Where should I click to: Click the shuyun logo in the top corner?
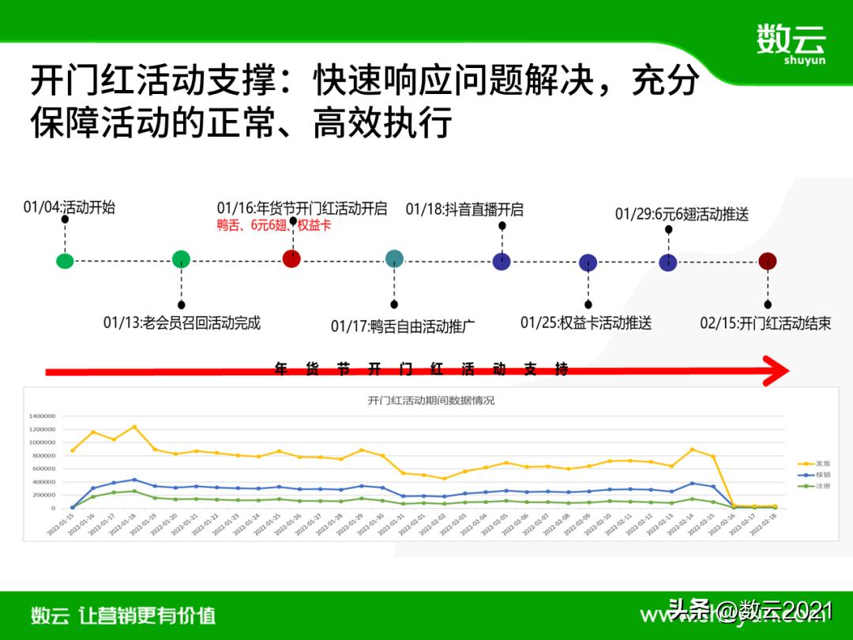point(790,43)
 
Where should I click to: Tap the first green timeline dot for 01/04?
point(66,261)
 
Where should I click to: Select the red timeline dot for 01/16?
point(291,258)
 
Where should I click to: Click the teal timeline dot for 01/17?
point(394,258)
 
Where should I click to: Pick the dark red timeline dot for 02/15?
point(767,262)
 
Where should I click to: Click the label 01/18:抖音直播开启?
point(464,209)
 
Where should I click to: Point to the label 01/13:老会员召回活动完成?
point(182,322)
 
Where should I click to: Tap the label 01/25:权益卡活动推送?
point(586,322)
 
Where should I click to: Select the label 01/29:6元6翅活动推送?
point(682,214)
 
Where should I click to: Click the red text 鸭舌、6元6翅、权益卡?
point(274,225)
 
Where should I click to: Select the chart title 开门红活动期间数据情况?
point(430,401)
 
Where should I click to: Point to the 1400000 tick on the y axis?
point(42,416)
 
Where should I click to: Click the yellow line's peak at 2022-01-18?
point(134,427)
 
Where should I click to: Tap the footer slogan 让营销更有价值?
point(147,616)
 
